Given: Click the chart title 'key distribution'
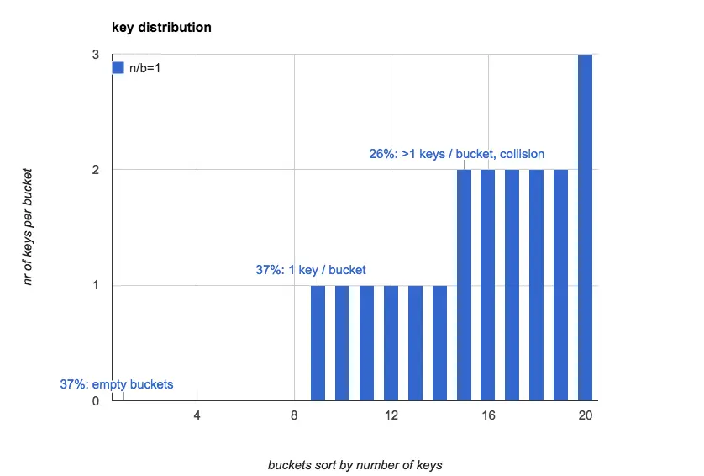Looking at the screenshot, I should (161, 28).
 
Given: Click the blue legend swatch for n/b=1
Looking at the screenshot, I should (118, 68).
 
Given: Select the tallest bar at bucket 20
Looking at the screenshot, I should (586, 227).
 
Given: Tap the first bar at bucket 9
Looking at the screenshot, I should (318, 343).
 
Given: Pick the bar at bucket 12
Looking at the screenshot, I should (391, 343).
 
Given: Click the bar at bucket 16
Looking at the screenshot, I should (488, 285).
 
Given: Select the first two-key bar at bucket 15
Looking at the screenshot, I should (464, 285).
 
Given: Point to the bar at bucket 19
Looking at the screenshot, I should (561, 285).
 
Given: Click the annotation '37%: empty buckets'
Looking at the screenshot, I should (117, 384).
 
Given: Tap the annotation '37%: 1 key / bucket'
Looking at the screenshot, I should (311, 270).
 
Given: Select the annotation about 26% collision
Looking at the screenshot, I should (456, 154).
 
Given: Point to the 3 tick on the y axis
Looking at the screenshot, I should (96, 55).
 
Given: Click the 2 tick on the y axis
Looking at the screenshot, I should (96, 170).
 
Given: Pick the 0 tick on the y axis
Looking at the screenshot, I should (96, 401).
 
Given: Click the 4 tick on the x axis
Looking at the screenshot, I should (197, 415).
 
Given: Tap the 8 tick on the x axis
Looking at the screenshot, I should (294, 415).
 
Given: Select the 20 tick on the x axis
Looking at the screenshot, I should (586, 415).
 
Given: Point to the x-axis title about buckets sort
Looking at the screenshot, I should (355, 465).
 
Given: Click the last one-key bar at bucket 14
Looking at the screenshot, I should (439, 343).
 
